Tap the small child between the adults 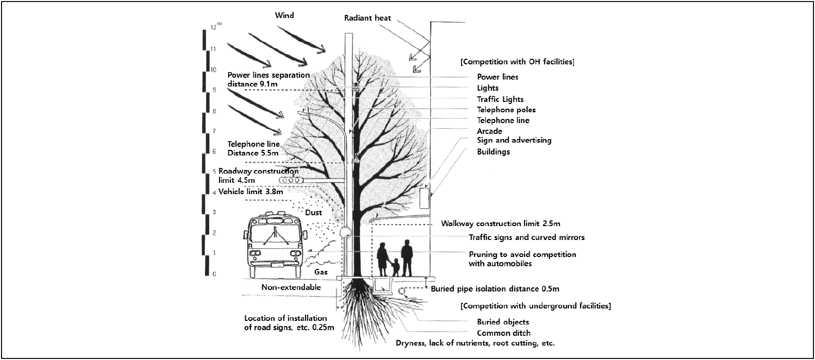coord(395,266)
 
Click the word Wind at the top coord(284,15)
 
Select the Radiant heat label coord(367,18)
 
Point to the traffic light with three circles coord(291,180)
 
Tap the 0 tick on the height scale coord(214,273)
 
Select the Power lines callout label coord(497,77)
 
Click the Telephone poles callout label coord(506,110)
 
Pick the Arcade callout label coord(489,131)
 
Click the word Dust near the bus coord(313,213)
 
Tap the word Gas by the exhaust coord(321,271)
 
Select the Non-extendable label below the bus coord(291,287)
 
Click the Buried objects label coord(503,322)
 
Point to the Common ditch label coord(503,333)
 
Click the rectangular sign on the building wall coord(424,198)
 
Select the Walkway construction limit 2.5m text coord(500,224)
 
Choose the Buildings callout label coord(493,152)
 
